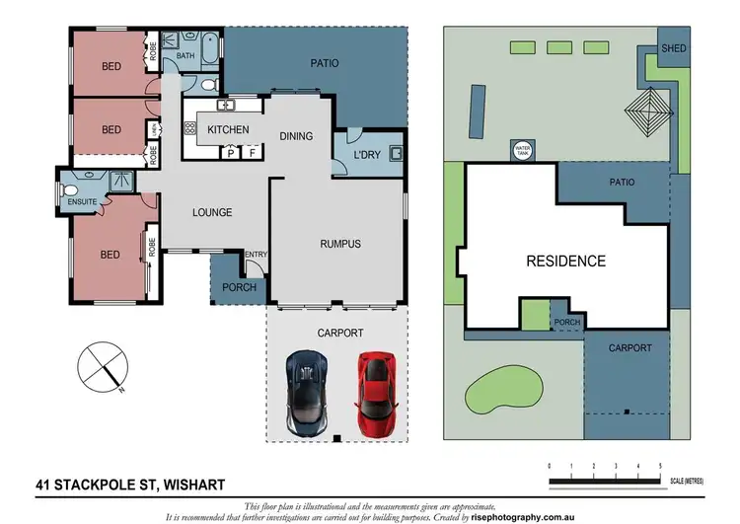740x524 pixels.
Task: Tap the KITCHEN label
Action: point(228,130)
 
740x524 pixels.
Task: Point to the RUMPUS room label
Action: point(339,244)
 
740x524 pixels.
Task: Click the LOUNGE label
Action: point(212,212)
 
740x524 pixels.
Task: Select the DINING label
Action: point(296,137)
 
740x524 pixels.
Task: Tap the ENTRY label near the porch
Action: point(256,255)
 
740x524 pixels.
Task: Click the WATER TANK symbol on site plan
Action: point(522,151)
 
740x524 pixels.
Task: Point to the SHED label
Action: point(673,47)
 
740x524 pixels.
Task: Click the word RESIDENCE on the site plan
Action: point(565,262)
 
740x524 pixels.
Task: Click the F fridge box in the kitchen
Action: point(252,153)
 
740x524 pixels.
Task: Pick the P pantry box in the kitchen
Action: point(231,153)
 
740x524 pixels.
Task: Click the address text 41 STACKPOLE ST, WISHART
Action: point(130,485)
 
